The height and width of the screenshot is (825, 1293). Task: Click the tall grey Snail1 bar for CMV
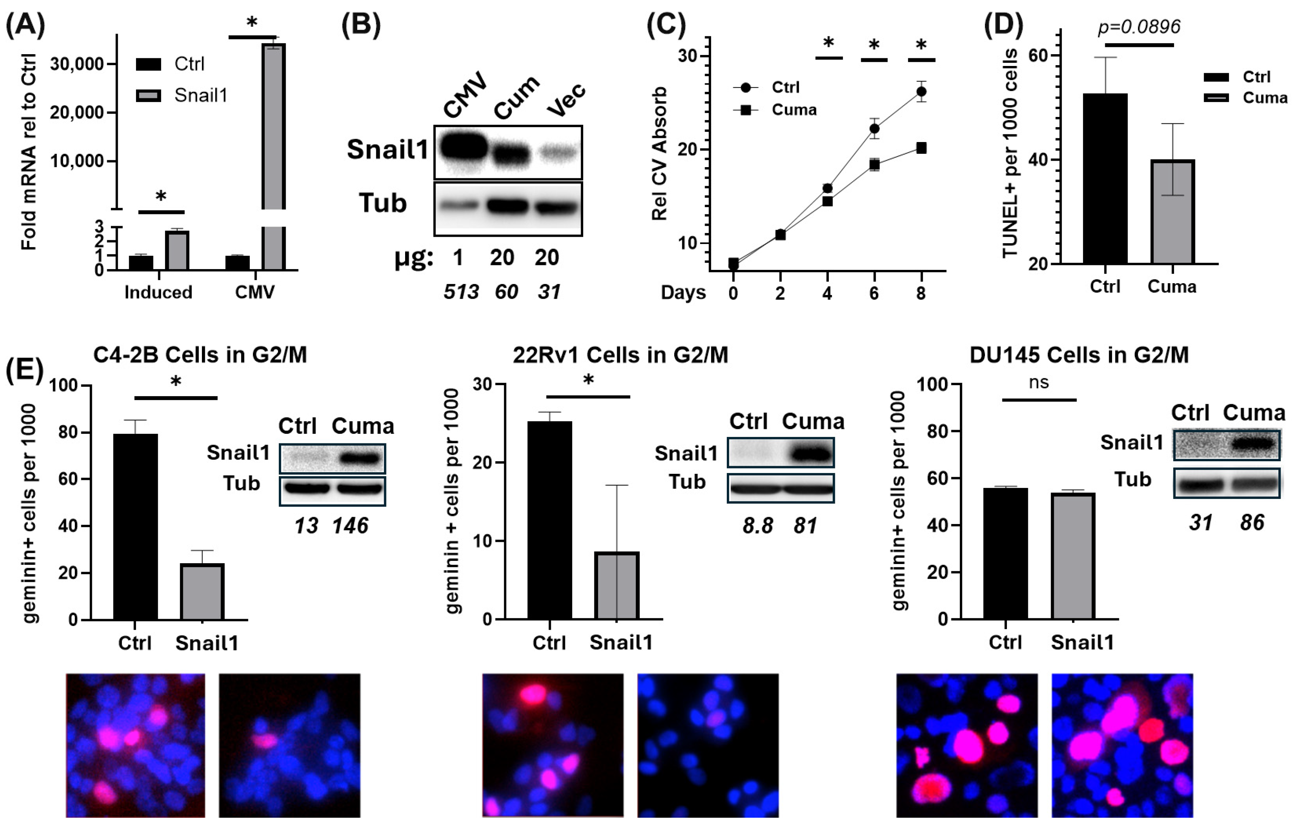[x=273, y=156]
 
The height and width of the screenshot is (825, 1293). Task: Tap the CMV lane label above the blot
[x=465, y=95]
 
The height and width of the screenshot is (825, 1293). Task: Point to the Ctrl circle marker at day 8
[x=921, y=92]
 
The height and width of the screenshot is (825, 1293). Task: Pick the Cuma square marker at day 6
[x=874, y=165]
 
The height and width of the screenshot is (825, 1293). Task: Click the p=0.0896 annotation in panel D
[x=1139, y=27]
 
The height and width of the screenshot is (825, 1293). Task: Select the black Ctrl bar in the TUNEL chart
[x=1105, y=179]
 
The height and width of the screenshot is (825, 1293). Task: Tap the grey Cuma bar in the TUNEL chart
[x=1172, y=212]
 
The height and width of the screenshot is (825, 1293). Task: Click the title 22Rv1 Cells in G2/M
[x=620, y=355]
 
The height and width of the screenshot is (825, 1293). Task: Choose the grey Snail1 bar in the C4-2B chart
[x=202, y=592]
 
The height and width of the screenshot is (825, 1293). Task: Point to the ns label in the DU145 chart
[x=1038, y=383]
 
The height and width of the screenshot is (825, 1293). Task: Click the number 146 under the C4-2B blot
[x=350, y=526]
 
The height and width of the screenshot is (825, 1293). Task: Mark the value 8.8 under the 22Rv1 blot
[x=758, y=526]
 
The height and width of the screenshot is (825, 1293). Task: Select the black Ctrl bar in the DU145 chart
[x=1005, y=554]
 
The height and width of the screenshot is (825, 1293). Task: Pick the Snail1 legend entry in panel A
[x=182, y=95]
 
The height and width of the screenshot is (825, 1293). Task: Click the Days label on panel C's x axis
[x=683, y=293]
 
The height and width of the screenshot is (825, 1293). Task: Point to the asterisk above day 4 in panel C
[x=828, y=42]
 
